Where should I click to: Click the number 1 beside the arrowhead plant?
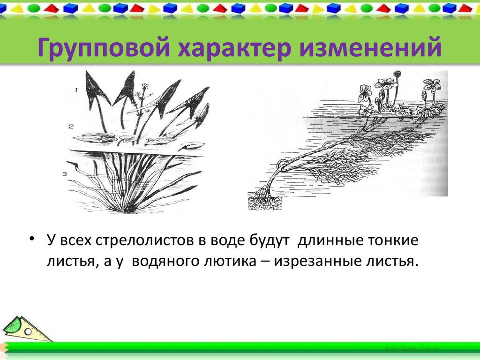tap(76, 89)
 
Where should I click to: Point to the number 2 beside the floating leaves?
tap(70, 126)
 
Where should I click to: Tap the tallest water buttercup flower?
tap(397, 74)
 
